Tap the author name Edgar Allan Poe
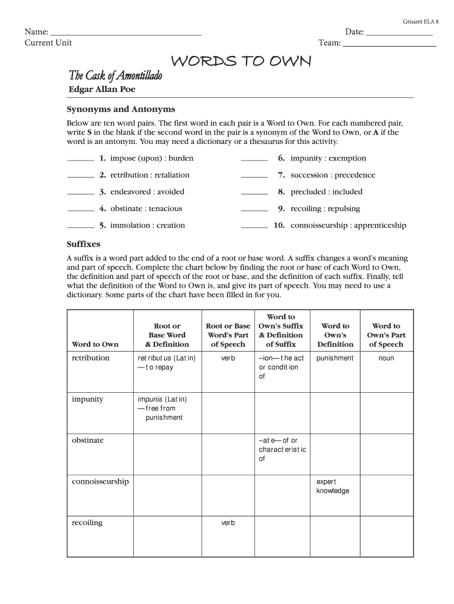point(102,89)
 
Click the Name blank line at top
point(126,34)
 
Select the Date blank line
point(399,34)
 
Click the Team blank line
point(390,44)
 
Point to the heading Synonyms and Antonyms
point(120,109)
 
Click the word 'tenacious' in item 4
point(165,208)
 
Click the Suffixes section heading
point(84,244)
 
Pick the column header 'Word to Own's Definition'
point(335,335)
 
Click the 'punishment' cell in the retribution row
point(335,358)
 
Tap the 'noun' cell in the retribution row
point(386,358)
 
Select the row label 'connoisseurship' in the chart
point(100,481)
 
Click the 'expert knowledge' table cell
point(333,486)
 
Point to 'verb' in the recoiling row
point(228,523)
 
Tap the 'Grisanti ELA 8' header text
point(421,21)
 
